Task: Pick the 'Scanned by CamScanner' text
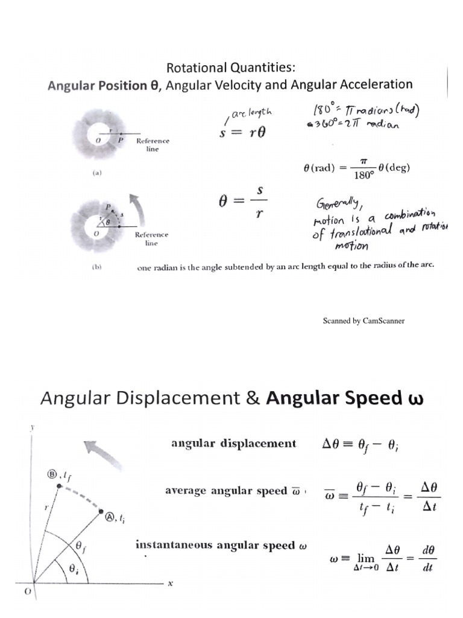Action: [x=364, y=320]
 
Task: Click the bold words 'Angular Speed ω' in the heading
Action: [x=345, y=398]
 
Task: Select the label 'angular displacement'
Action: [x=233, y=444]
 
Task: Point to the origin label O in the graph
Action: [x=27, y=592]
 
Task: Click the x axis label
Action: [x=170, y=583]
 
